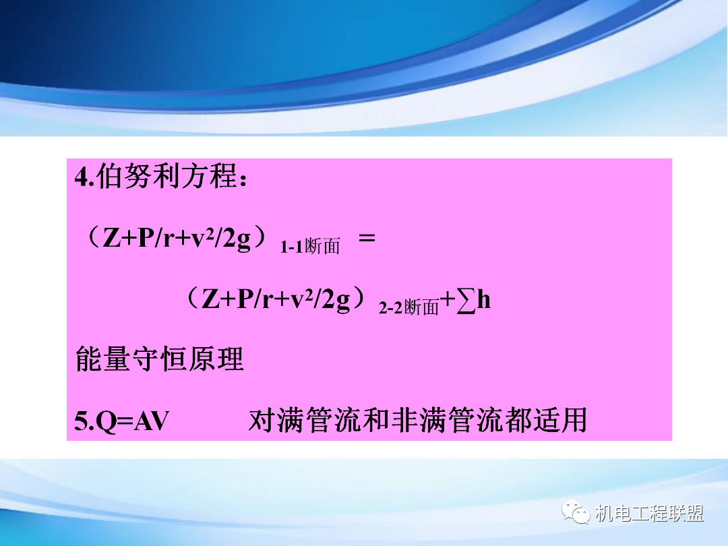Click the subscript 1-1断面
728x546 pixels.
click(x=309, y=247)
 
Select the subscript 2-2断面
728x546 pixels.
click(x=408, y=308)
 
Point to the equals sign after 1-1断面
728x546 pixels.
click(x=367, y=239)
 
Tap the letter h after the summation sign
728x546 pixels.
click(x=483, y=301)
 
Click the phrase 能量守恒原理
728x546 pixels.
click(x=159, y=360)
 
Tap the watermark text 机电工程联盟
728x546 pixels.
click(x=650, y=514)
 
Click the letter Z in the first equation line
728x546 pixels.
click(x=111, y=239)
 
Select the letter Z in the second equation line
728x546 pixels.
click(x=210, y=301)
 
